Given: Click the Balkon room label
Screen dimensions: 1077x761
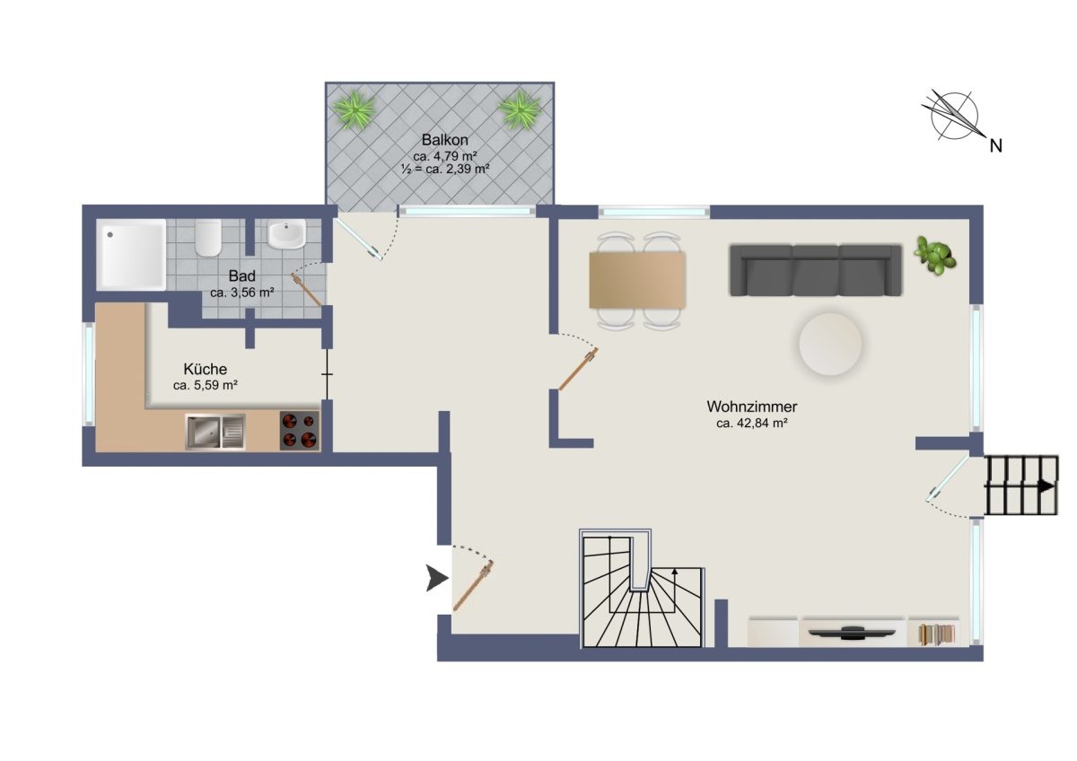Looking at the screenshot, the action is tap(444, 140).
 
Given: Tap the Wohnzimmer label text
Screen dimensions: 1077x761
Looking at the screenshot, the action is tap(751, 407).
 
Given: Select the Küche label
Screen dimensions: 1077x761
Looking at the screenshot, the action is tap(206, 369).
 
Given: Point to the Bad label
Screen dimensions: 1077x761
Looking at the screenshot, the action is tap(241, 276).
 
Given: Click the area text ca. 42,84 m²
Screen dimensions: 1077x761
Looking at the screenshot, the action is tap(751, 423).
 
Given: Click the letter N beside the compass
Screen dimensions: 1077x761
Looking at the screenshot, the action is tap(995, 145).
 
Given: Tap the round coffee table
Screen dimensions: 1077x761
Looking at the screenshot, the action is tap(830, 344).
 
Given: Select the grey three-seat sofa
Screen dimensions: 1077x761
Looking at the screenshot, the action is tap(816, 270).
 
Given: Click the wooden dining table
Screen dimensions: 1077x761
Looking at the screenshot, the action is tap(637, 280).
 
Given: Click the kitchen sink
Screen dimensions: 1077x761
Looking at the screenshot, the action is tap(215, 432).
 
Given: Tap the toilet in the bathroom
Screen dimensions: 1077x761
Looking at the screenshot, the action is tap(208, 238).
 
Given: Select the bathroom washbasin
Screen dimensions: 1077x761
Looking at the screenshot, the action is tap(286, 234).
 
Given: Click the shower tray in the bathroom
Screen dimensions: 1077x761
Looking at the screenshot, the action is tap(131, 255).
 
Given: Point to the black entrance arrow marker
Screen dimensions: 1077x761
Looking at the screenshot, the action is tap(436, 578).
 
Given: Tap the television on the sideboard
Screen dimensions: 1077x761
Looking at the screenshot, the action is tap(852, 634).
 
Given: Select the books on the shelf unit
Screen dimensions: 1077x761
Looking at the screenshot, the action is tap(936, 634).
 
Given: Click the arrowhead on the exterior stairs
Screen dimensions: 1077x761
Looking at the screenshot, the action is tap(1046, 486).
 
